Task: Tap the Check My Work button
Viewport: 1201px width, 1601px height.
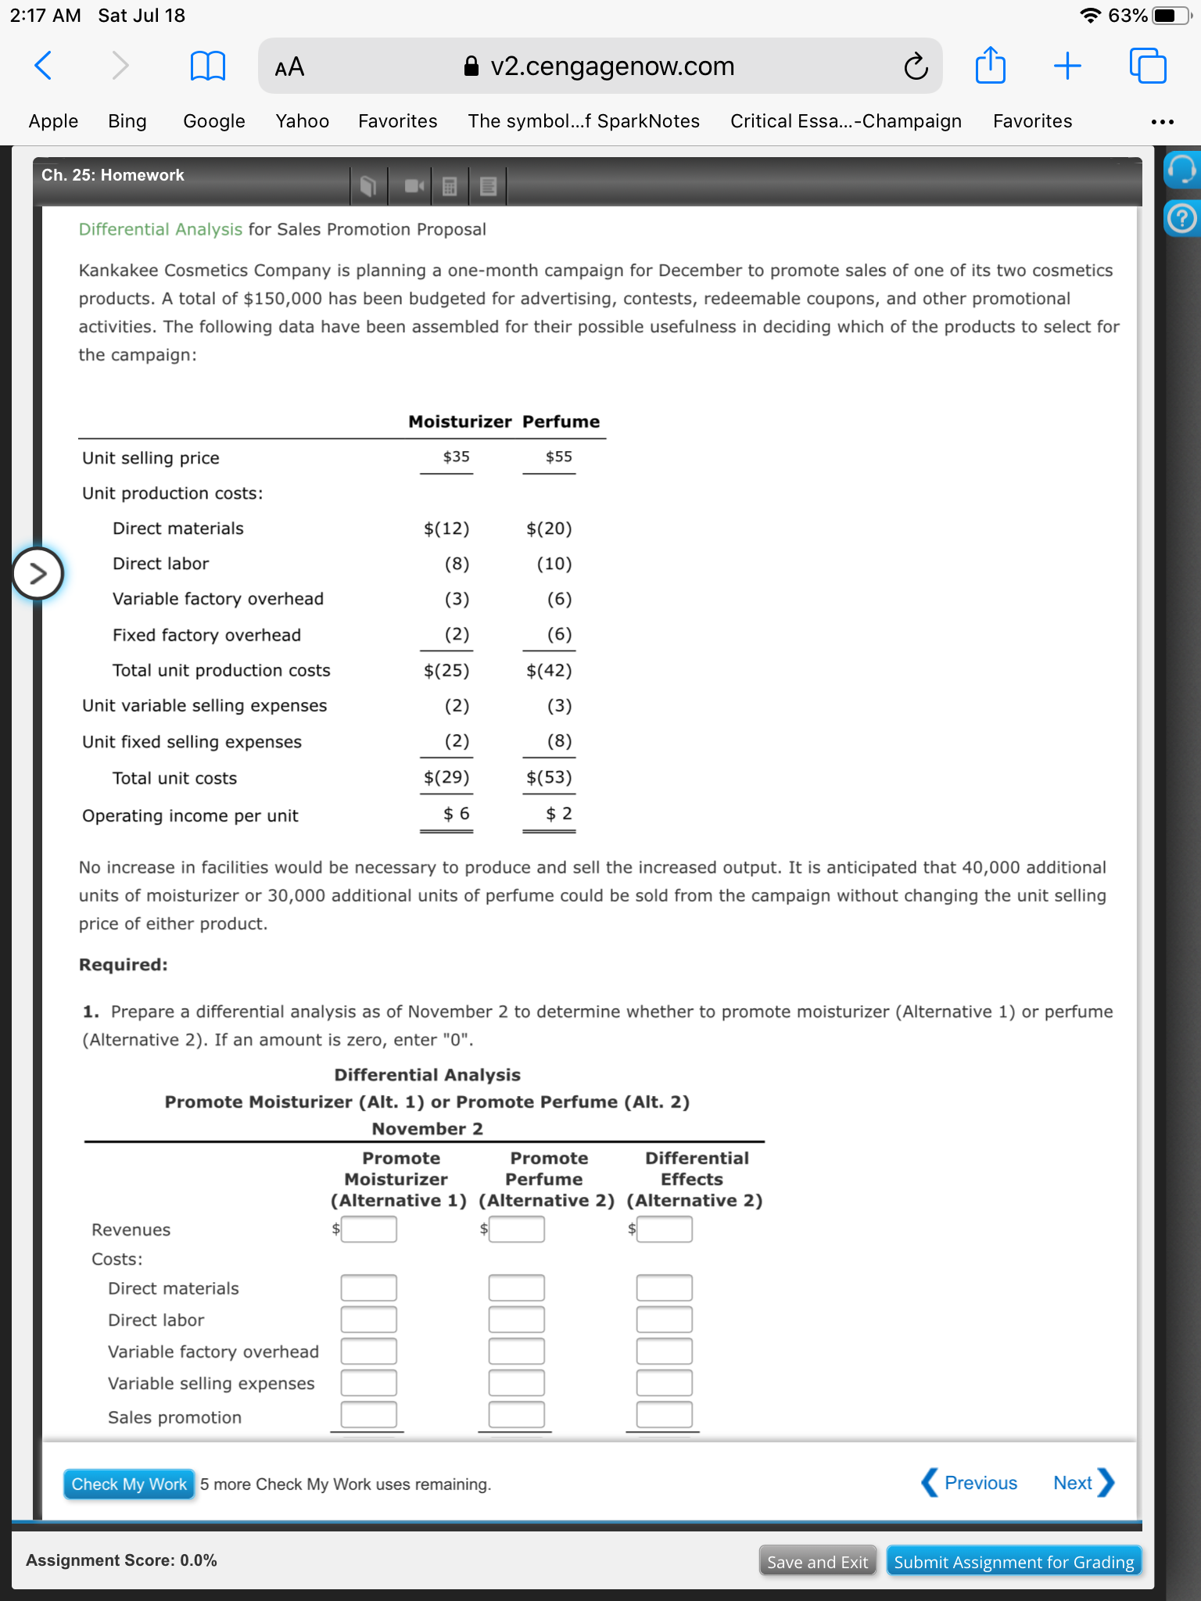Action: click(129, 1484)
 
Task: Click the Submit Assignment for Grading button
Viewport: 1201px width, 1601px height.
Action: click(1013, 1562)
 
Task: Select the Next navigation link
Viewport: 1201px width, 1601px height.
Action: click(1082, 1483)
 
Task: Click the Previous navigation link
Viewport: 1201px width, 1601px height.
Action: click(970, 1483)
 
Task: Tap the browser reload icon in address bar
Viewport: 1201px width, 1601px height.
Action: click(916, 67)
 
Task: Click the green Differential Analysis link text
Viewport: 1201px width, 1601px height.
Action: click(160, 229)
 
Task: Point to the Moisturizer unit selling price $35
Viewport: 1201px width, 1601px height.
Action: click(456, 457)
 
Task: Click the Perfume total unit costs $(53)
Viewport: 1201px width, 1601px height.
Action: click(549, 777)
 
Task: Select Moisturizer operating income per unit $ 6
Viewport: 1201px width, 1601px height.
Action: click(456, 814)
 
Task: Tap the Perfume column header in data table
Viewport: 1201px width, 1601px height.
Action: click(561, 421)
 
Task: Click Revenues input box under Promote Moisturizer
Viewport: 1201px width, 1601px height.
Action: click(368, 1229)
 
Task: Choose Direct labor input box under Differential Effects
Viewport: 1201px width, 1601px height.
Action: click(664, 1320)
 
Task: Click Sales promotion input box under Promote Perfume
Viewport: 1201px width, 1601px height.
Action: click(516, 1414)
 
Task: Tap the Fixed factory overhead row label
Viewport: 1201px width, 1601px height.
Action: click(206, 635)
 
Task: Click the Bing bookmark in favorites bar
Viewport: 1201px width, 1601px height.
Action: click(127, 121)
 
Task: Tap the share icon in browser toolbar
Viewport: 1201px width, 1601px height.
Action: click(990, 66)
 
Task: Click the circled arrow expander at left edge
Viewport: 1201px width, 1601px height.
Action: click(37, 574)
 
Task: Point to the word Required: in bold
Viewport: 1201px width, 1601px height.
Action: click(123, 965)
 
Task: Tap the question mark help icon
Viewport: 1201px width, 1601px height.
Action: click(1181, 218)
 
